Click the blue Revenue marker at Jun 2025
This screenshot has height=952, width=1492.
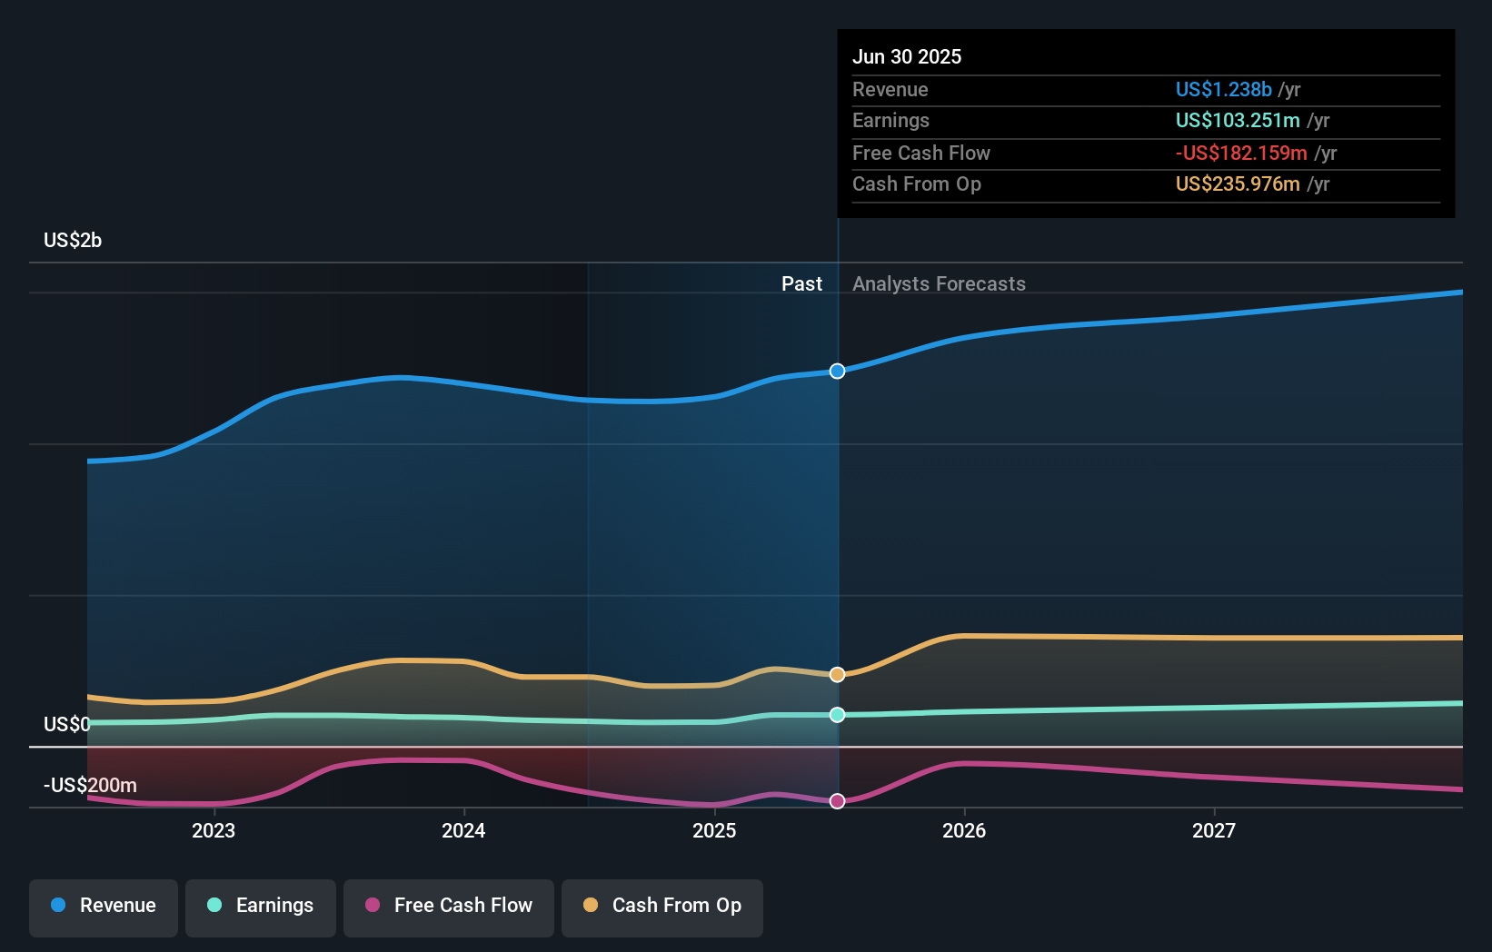pyautogui.click(x=837, y=371)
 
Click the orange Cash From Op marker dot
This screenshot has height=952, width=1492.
pyautogui.click(x=837, y=674)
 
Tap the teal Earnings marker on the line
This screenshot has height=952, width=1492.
pyautogui.click(x=837, y=715)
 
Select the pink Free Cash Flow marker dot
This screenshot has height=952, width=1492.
pyautogui.click(x=837, y=801)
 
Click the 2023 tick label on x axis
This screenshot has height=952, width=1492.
pyautogui.click(x=214, y=830)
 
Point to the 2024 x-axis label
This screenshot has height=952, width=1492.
pyautogui.click(x=463, y=830)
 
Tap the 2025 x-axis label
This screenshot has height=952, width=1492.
pyautogui.click(x=714, y=830)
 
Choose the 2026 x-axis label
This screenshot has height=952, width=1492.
pyautogui.click(x=964, y=830)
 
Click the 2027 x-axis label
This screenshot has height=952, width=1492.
pyautogui.click(x=1214, y=830)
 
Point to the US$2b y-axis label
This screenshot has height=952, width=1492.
pyautogui.click(x=73, y=240)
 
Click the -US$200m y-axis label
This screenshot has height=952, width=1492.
pyautogui.click(x=90, y=785)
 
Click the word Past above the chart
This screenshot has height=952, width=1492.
pyautogui.click(x=801, y=283)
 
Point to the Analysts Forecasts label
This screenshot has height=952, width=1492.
pyautogui.click(x=939, y=283)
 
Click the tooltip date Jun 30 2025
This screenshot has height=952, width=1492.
pyautogui.click(x=907, y=56)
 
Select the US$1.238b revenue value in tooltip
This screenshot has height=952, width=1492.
pyautogui.click(x=1223, y=89)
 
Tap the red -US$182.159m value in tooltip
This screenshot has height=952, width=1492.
pyautogui.click(x=1241, y=153)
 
